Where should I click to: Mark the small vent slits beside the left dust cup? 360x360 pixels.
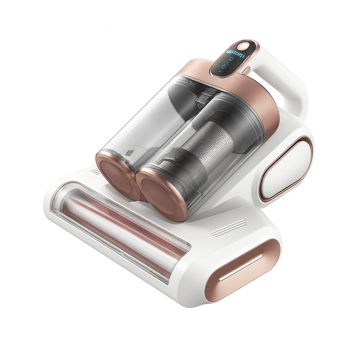(96, 171)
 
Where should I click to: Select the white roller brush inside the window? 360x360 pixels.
(116, 232)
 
